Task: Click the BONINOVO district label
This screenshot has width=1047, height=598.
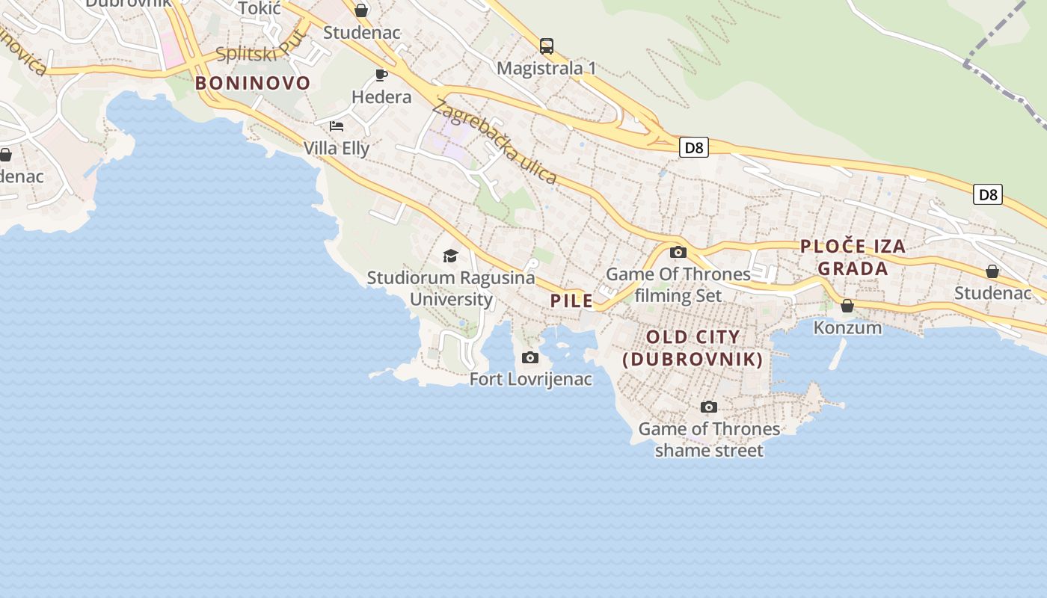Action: [253, 83]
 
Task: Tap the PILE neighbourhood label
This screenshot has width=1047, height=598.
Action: [571, 301]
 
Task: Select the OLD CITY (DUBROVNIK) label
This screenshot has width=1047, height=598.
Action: [693, 348]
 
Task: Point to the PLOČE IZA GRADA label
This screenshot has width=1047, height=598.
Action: [853, 257]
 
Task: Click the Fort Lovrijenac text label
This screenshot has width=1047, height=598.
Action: [530, 380]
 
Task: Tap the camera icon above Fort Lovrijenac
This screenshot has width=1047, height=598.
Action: [530, 358]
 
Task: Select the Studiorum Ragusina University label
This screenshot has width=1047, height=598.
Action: [451, 289]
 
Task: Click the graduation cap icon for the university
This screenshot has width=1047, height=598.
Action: [450, 256]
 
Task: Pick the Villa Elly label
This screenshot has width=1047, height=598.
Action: [337, 148]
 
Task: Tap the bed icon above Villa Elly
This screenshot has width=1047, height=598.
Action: [337, 126]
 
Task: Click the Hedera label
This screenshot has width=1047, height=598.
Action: [381, 97]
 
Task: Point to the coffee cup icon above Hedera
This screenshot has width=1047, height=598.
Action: [381, 75]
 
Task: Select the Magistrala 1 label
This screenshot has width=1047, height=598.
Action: [547, 68]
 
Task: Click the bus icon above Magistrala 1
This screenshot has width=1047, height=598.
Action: [547, 46]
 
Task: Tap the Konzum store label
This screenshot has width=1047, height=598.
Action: [847, 327]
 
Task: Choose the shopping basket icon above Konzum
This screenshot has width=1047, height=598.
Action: [847, 306]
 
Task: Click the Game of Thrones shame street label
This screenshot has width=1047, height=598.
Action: [709, 440]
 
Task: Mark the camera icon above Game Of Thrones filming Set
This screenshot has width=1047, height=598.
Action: [678, 252]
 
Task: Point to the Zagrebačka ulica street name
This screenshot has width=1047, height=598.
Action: [494, 142]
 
